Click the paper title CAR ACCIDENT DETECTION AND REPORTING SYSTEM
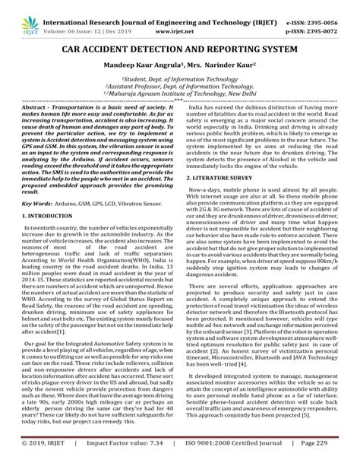(179, 51)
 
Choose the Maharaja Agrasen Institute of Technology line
(179, 97)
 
